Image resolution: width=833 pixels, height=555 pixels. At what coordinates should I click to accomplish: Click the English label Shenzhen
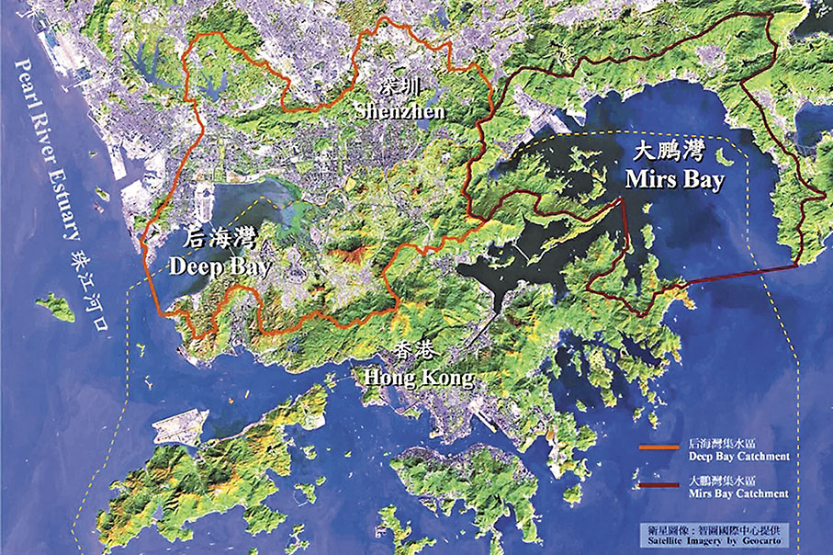pos(400,111)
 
